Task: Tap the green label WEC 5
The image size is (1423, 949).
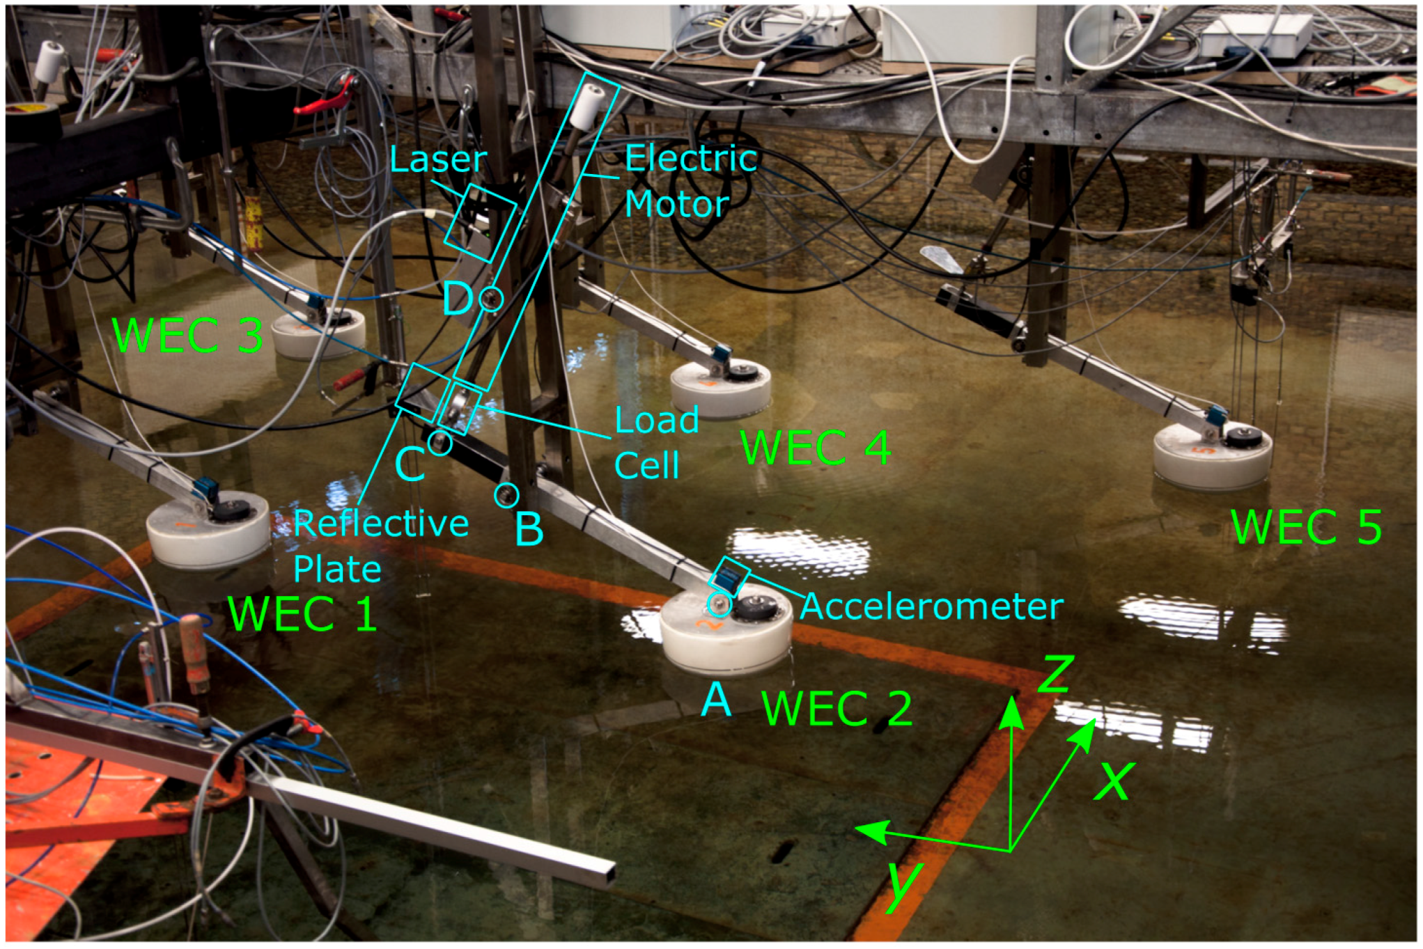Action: click(x=1306, y=527)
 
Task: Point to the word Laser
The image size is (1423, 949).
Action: click(x=437, y=159)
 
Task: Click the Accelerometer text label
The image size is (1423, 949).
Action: click(x=931, y=606)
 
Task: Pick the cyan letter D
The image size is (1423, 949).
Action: click(x=458, y=299)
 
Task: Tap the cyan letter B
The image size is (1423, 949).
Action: click(x=529, y=529)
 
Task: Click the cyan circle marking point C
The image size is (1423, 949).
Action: click(x=440, y=443)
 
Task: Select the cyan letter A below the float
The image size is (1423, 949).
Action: click(x=716, y=699)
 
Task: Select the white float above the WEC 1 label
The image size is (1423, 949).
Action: click(x=208, y=533)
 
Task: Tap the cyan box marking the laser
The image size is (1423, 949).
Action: click(x=480, y=223)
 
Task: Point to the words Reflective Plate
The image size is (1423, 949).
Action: click(x=380, y=546)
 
